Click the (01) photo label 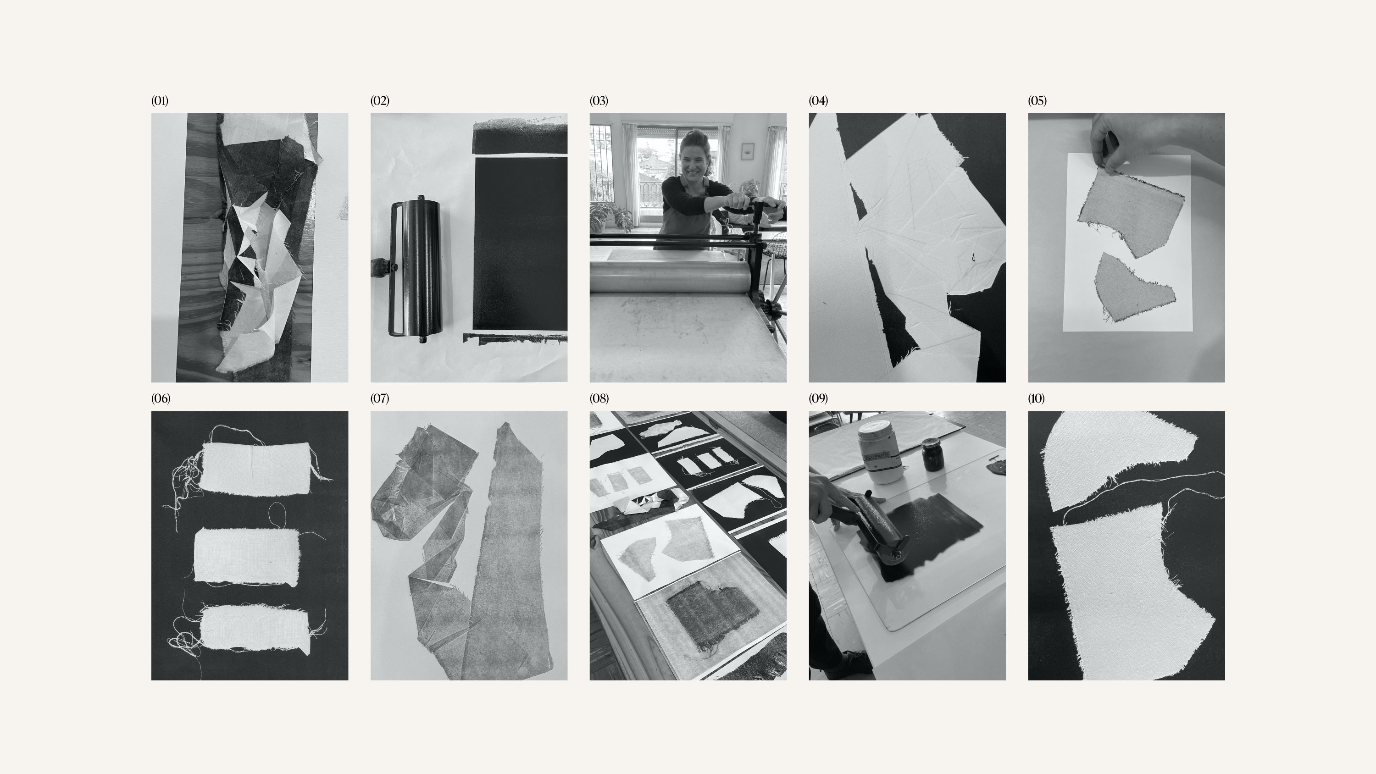[x=160, y=101]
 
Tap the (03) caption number [x=599, y=101]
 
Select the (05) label [x=1038, y=101]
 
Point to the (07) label [x=380, y=398]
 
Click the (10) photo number [x=1036, y=398]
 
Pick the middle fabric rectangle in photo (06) [x=246, y=557]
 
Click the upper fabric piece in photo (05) [x=1130, y=211]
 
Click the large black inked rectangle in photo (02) [x=520, y=243]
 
